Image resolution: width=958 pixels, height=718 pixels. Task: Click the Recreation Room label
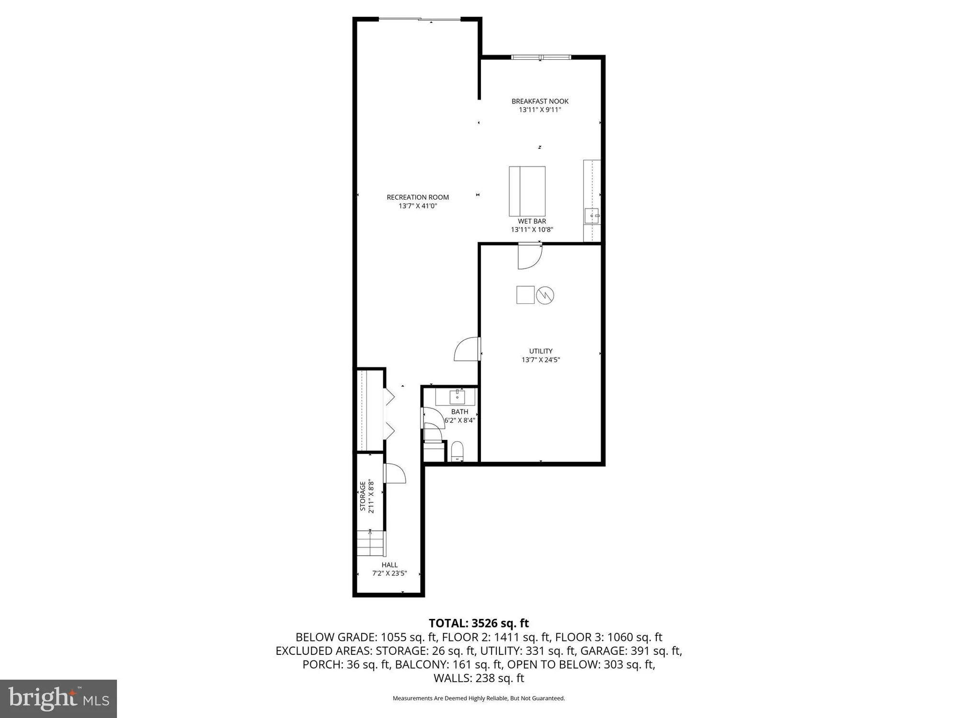click(x=418, y=197)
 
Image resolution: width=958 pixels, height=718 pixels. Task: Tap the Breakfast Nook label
click(x=540, y=101)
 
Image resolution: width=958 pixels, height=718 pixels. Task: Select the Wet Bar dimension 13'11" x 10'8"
click(x=532, y=230)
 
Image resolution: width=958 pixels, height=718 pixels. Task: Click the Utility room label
click(x=541, y=351)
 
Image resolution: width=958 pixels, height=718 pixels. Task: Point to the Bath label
click(x=459, y=412)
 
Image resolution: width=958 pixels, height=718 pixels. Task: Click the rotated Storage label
click(x=363, y=496)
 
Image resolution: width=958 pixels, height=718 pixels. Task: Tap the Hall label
click(x=389, y=565)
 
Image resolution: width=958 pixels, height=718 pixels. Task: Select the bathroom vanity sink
click(x=457, y=396)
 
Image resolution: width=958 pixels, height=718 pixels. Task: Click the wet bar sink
click(x=592, y=216)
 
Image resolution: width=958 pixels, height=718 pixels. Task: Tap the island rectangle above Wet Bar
click(x=527, y=191)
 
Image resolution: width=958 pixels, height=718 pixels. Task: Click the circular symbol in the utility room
click(x=545, y=295)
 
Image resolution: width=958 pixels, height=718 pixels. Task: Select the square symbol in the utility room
click(x=525, y=295)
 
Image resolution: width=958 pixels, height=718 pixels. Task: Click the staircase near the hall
click(x=371, y=543)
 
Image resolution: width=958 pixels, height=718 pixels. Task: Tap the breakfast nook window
click(x=540, y=57)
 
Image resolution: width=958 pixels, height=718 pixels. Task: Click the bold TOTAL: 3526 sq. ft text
click(x=479, y=623)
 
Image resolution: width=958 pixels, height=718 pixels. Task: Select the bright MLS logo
click(x=58, y=698)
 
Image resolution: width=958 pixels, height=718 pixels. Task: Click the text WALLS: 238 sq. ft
click(x=479, y=678)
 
